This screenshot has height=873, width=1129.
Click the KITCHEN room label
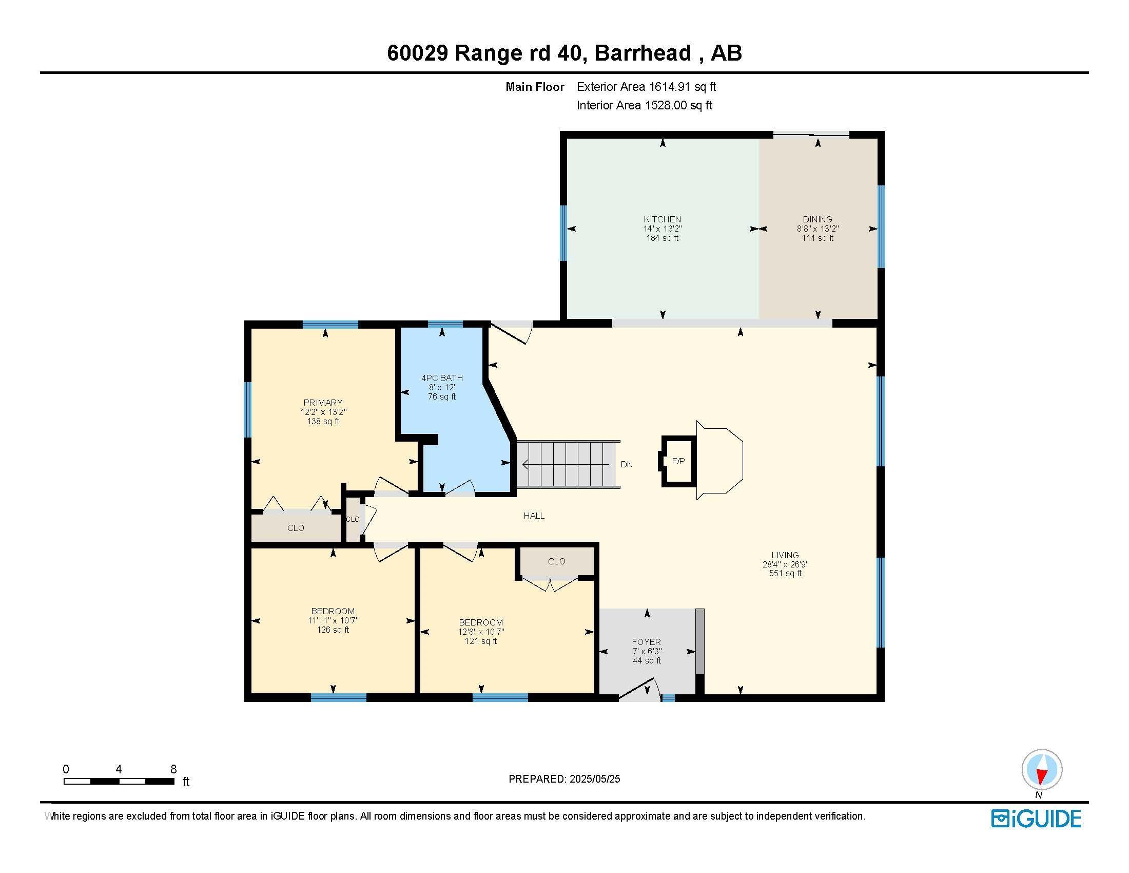(662, 219)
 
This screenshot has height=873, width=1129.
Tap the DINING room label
(817, 219)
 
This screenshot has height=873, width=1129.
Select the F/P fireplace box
(678, 461)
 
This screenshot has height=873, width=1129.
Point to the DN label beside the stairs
(627, 464)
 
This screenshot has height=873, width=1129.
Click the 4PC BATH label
(442, 378)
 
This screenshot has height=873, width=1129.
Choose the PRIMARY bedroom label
(323, 403)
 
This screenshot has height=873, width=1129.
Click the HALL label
(534, 516)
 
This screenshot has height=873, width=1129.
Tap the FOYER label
(646, 642)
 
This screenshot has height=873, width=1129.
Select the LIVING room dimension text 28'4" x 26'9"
(785, 564)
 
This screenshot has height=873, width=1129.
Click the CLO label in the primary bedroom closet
(296, 528)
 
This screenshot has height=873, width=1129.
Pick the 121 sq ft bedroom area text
(481, 641)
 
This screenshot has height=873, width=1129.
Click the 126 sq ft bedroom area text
(333, 630)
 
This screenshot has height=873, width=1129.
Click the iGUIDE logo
(1036, 819)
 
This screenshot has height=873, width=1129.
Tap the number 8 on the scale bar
(173, 769)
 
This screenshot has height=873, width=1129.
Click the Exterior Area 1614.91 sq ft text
(646, 87)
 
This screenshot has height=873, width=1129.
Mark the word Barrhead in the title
(643, 53)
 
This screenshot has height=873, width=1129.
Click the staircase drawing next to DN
(569, 464)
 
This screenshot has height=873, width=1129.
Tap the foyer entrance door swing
(641, 690)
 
